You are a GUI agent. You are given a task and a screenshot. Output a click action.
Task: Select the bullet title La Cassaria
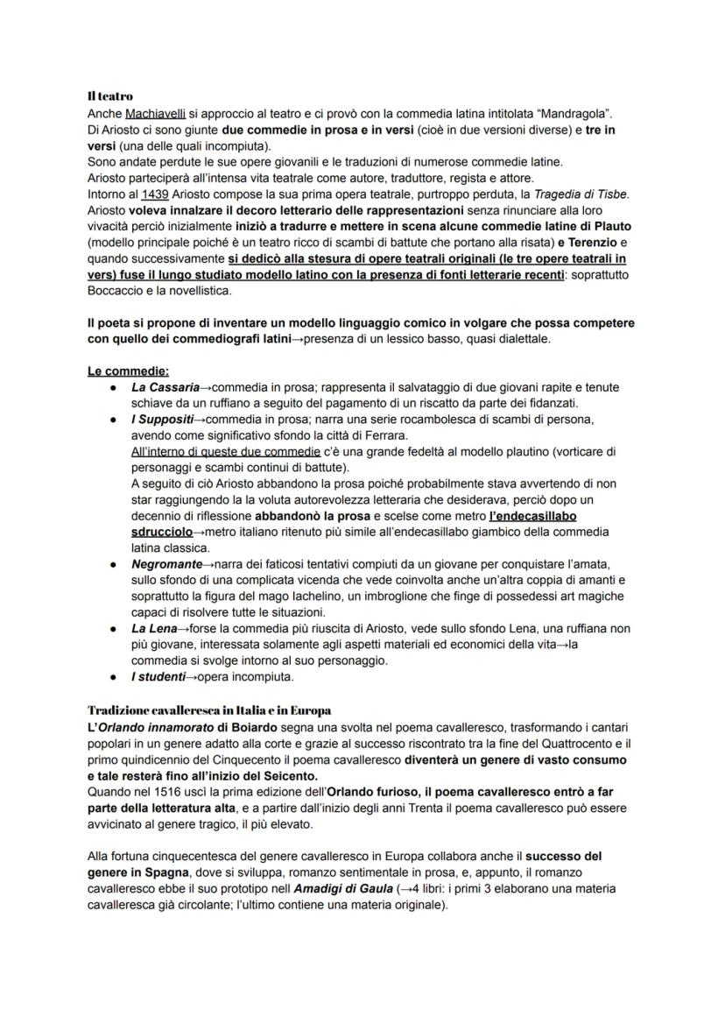click(x=165, y=387)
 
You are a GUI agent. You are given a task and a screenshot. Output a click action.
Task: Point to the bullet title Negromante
click(x=166, y=565)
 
